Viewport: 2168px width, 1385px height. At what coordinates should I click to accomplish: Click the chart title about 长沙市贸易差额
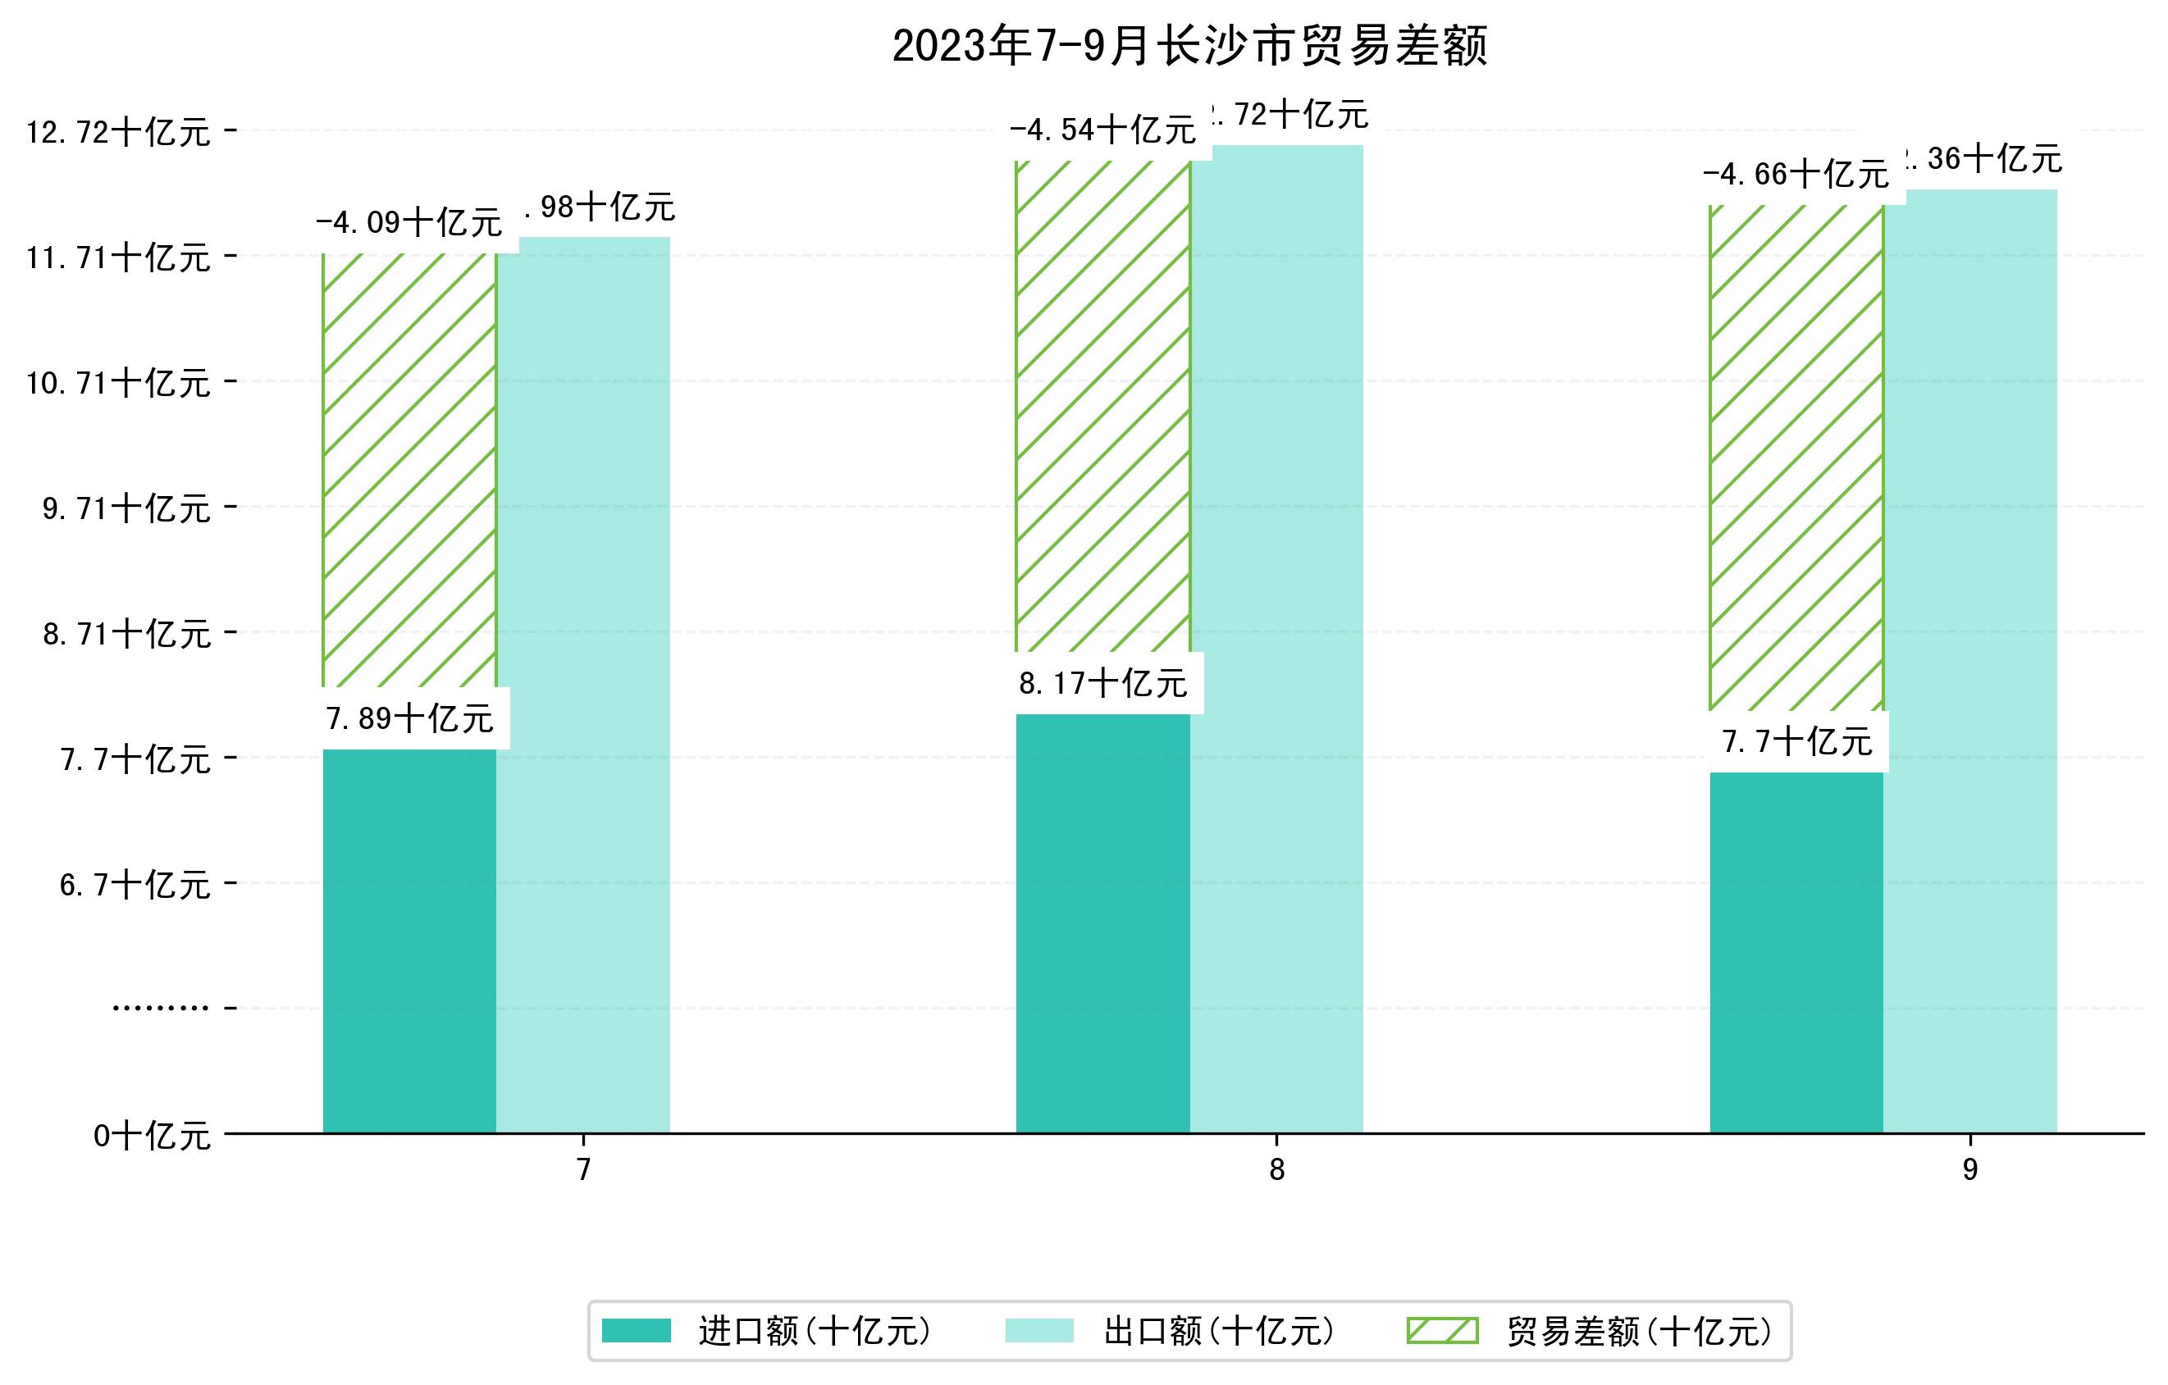tap(1189, 46)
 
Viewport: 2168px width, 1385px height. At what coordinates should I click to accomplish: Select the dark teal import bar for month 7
tap(409, 941)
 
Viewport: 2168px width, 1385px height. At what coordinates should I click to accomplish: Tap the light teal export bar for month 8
tap(1276, 639)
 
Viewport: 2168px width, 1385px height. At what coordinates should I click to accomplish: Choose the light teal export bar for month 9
tap(1970, 662)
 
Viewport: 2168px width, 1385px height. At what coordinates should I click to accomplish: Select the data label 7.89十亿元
tap(409, 719)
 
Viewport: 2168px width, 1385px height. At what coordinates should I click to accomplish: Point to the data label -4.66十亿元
tap(1796, 175)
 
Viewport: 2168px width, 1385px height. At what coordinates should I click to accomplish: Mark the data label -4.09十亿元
tap(409, 222)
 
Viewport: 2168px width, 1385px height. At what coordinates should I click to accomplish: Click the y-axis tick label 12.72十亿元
tap(118, 132)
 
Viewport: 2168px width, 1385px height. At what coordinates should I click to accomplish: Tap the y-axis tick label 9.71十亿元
tap(126, 508)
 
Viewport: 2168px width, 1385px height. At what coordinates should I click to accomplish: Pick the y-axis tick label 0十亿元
tap(151, 1136)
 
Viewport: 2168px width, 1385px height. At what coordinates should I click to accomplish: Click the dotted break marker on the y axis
tap(160, 1008)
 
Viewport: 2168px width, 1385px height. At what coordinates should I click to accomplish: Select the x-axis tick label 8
tap(1276, 1170)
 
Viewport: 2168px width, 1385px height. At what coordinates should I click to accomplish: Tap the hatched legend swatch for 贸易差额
tap(1442, 1331)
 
